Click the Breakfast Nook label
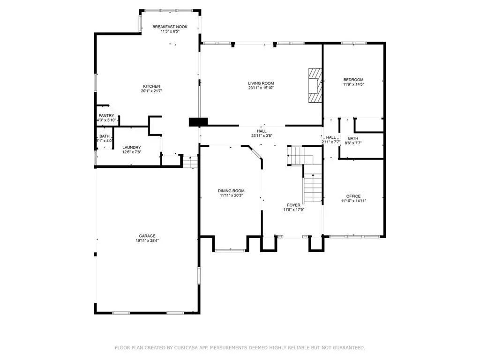pyautogui.click(x=170, y=27)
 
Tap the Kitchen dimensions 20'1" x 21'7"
pyautogui.click(x=151, y=91)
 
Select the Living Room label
pyautogui.click(x=261, y=83)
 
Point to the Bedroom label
pyautogui.click(x=353, y=80)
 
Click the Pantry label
pyautogui.click(x=106, y=115)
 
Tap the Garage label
pyautogui.click(x=147, y=236)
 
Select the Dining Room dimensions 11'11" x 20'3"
pyautogui.click(x=231, y=195)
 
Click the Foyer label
pyautogui.click(x=293, y=205)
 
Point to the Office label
pyautogui.click(x=353, y=196)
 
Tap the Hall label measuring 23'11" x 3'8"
pyautogui.click(x=262, y=131)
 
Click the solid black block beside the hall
pyautogui.click(x=198, y=122)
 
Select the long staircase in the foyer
pyautogui.click(x=312, y=188)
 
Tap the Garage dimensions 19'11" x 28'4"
pyautogui.click(x=147, y=241)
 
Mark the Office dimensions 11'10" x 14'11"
pyautogui.click(x=353, y=201)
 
